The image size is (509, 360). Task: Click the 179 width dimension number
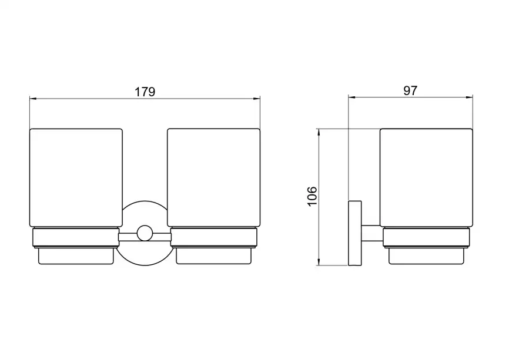pos(145,92)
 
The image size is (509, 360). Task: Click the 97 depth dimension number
pos(410,90)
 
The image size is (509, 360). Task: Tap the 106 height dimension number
pos(312,196)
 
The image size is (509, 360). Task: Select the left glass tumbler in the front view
pos(76,178)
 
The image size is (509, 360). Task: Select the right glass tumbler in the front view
pos(213,178)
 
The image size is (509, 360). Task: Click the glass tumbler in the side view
pos(426,178)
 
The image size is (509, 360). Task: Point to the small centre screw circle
pos(145,233)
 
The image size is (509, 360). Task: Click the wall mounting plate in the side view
pos(355,233)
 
